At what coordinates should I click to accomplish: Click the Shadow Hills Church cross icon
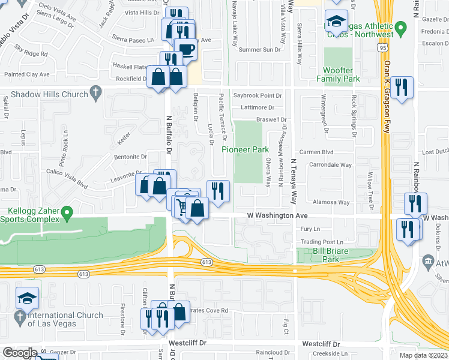click(95, 92)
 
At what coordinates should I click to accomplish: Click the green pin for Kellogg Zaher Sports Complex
click(68, 211)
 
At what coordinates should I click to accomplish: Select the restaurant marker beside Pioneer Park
click(218, 191)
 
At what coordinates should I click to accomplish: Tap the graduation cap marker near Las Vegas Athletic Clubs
click(336, 22)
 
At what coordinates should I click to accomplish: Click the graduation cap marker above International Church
click(28, 298)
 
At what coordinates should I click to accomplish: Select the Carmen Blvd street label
click(320, 152)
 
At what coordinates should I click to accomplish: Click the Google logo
click(20, 353)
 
